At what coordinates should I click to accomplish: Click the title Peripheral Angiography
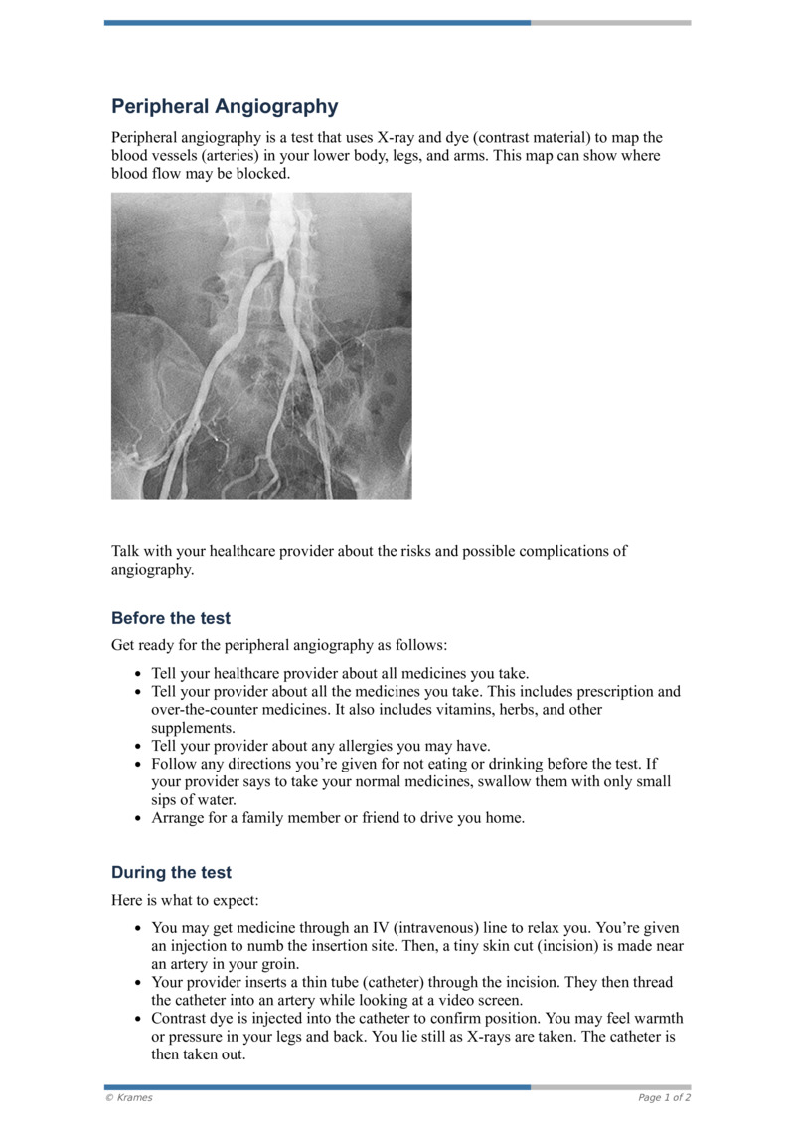click(x=225, y=107)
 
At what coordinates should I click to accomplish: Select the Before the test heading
click(x=171, y=618)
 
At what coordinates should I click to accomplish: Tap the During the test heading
click(x=171, y=873)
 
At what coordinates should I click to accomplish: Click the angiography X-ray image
click(x=261, y=346)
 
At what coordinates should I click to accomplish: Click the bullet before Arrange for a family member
click(x=138, y=819)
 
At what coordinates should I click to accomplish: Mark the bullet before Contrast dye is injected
click(x=138, y=1019)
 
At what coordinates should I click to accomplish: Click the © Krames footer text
click(x=129, y=1098)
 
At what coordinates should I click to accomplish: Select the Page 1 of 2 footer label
click(x=664, y=1098)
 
